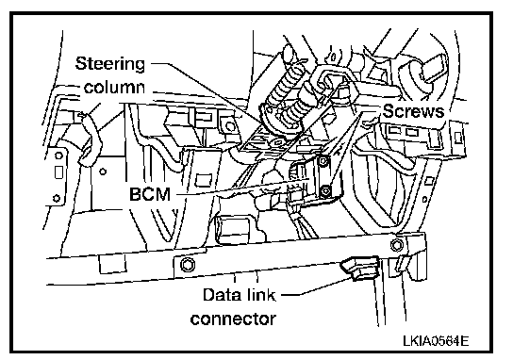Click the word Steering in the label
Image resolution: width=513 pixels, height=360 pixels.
click(x=110, y=64)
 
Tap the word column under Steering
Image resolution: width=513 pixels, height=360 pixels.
click(x=114, y=88)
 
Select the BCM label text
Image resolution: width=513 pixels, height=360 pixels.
click(x=150, y=194)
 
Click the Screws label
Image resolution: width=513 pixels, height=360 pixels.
click(x=414, y=111)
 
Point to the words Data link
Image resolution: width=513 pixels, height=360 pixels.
click(x=240, y=295)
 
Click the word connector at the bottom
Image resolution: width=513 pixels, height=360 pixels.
click(x=233, y=319)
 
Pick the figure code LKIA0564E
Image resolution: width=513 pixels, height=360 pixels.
click(x=436, y=341)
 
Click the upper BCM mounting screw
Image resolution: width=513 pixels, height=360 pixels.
click(x=323, y=161)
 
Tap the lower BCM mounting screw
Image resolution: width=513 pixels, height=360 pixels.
click(x=325, y=190)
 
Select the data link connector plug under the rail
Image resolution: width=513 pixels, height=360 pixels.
click(x=360, y=268)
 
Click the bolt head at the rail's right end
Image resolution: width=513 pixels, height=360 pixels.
click(x=397, y=245)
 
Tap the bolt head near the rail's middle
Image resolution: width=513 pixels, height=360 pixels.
click(x=188, y=264)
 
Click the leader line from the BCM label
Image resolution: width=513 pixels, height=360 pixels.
click(x=242, y=187)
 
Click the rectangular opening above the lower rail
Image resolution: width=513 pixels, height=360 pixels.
click(x=232, y=230)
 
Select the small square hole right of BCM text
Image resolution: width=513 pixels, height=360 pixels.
click(x=204, y=180)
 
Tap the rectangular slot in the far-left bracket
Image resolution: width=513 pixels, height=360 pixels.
click(x=58, y=172)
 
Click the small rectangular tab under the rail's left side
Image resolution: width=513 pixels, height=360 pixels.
click(x=112, y=264)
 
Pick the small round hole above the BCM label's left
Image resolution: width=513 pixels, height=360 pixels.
click(x=103, y=172)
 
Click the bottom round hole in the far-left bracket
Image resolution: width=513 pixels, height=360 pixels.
click(x=57, y=198)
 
